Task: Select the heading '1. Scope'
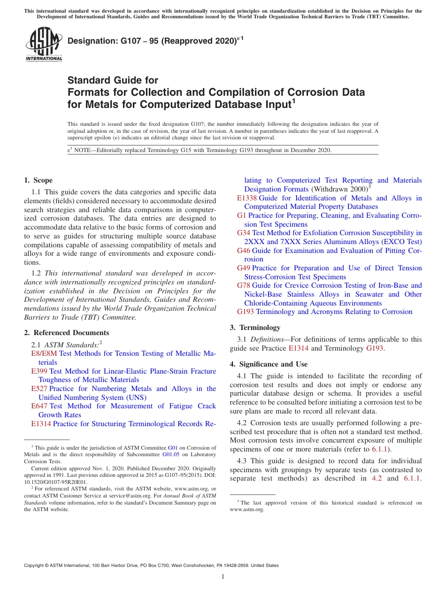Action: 38,180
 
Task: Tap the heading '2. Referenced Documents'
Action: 66,333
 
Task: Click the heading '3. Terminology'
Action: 255,328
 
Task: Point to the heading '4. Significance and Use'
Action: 269,364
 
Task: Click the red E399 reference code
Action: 39,371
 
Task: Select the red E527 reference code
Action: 39,389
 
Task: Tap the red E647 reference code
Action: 39,406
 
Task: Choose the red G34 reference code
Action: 243,233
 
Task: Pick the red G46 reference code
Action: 243,251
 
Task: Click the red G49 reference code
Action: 243,268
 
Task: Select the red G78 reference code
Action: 243,285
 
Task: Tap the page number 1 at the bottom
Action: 223,577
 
